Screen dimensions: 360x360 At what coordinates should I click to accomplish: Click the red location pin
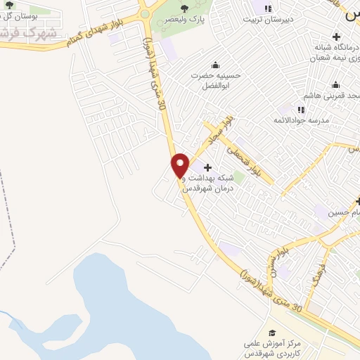(x=180, y=165)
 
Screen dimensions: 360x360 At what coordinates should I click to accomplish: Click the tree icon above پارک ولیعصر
(x=184, y=8)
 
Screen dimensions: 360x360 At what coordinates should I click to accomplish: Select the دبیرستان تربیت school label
(x=267, y=20)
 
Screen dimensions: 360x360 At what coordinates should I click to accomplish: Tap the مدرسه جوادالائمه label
(x=301, y=121)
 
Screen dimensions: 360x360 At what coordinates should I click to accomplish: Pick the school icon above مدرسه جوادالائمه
(x=301, y=109)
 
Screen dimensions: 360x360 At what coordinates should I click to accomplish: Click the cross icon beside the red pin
(x=207, y=167)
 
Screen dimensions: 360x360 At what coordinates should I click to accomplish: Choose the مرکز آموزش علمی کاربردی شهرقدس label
(x=274, y=347)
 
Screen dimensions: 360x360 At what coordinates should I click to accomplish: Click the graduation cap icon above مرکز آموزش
(x=273, y=333)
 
